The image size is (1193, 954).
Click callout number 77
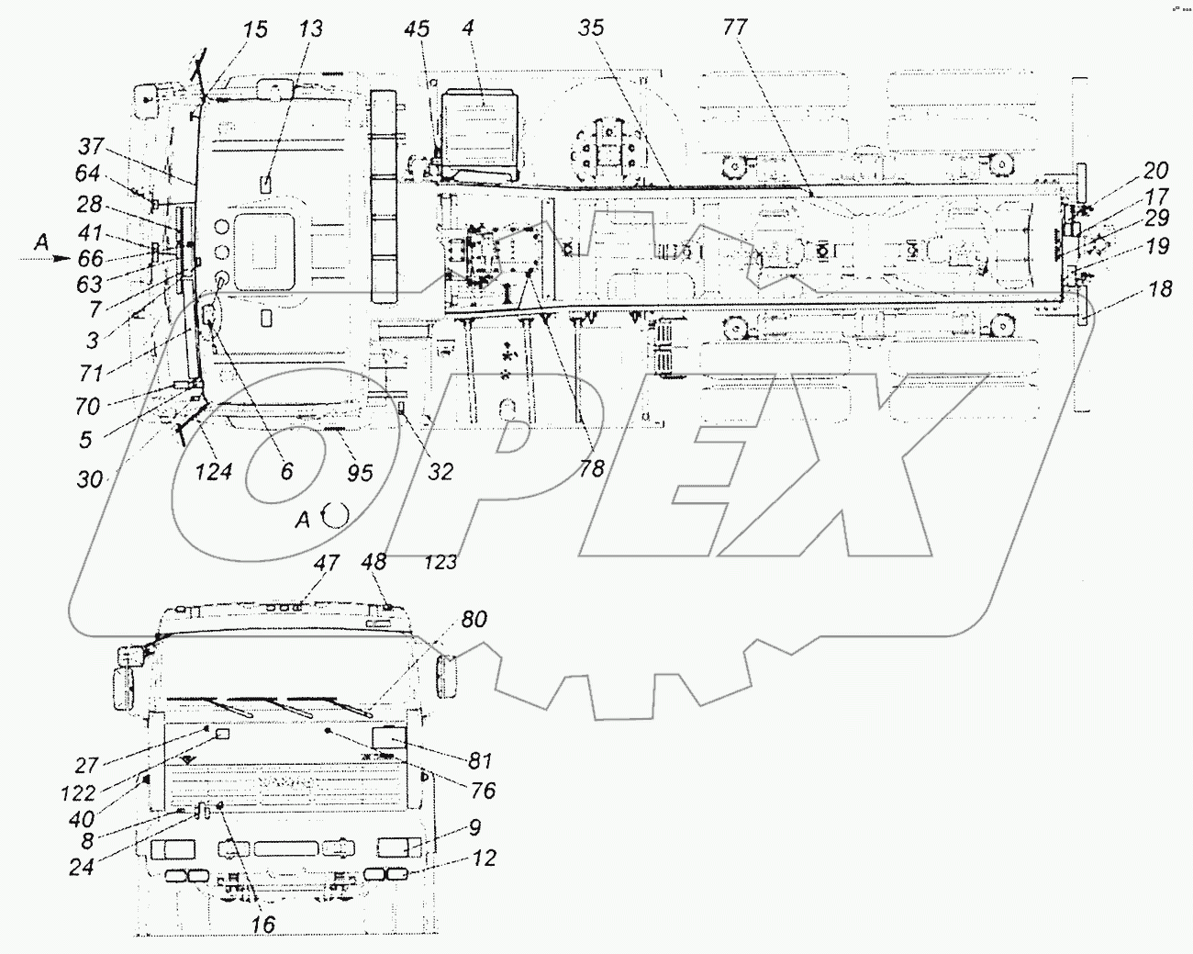coord(734,28)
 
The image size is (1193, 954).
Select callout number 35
coord(592,28)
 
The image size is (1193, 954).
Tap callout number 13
coord(311,28)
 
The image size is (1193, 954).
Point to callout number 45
coord(417,28)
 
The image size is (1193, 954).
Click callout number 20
coord(1155,170)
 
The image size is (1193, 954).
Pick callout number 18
coord(1160,289)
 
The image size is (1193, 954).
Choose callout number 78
coord(592,467)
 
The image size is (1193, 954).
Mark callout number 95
coord(361,472)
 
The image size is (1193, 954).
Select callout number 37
coord(91,147)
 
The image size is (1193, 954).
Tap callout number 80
coord(474,620)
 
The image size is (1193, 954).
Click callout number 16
coord(262,925)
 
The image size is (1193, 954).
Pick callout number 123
coord(440,561)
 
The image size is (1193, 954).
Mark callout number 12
coord(484,858)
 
